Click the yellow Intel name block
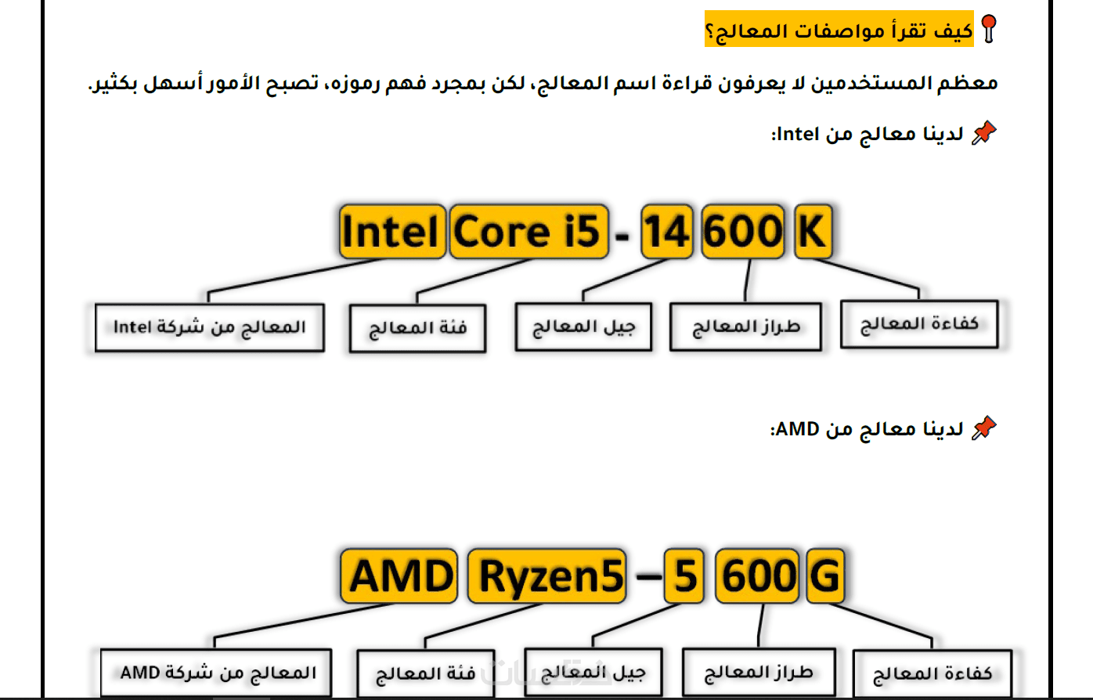(391, 232)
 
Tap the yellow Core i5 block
(528, 232)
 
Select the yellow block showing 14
(666, 232)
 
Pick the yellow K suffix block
(813, 232)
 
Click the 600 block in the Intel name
(743, 232)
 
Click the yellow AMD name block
(399, 576)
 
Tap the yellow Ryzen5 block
(547, 576)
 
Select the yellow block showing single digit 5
(684, 576)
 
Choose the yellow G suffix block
(825, 576)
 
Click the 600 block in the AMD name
(757, 576)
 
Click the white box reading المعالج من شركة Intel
(209, 327)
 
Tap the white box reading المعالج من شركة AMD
(216, 673)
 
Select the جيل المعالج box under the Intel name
(583, 327)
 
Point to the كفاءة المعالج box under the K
(919, 324)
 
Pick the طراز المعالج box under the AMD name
(757, 672)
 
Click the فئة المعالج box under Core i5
(417, 328)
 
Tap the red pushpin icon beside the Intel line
(983, 133)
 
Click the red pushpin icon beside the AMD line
(983, 428)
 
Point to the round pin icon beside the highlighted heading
(989, 29)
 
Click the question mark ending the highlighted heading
(709, 32)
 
